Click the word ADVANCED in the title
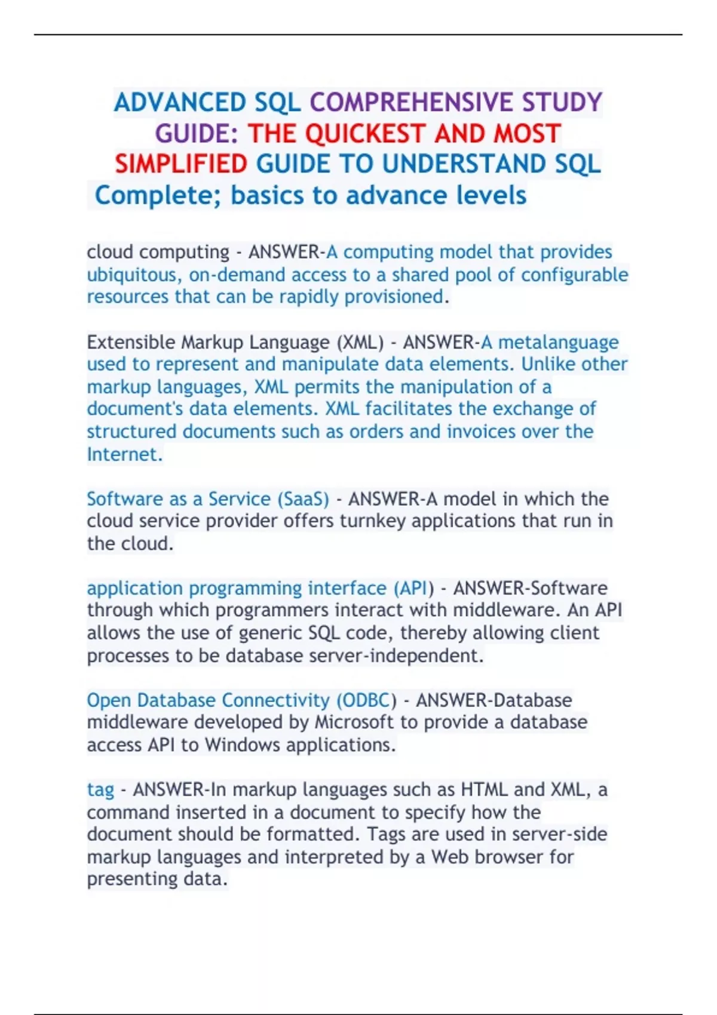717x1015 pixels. pyautogui.click(x=180, y=103)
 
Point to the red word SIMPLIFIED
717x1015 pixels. pyautogui.click(x=181, y=164)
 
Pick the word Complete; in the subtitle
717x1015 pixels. pyautogui.click(x=158, y=196)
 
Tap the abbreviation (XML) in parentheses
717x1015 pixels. pyautogui.click(x=360, y=342)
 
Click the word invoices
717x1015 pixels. pyautogui.click(x=481, y=432)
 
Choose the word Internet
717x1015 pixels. pyautogui.click(x=124, y=454)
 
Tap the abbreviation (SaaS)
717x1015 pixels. pyautogui.click(x=303, y=499)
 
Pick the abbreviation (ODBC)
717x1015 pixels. pyautogui.click(x=366, y=700)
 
